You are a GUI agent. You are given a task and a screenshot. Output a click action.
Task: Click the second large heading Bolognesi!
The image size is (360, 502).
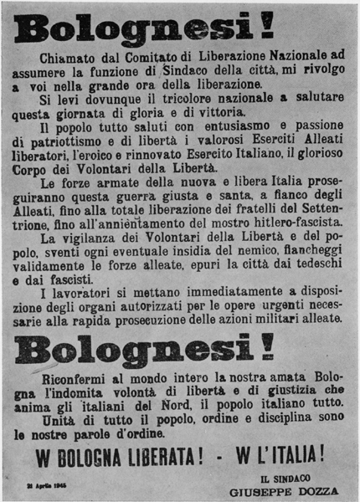pos(144,345)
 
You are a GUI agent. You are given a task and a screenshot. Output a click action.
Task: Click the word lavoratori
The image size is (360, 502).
pos(83,290)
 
